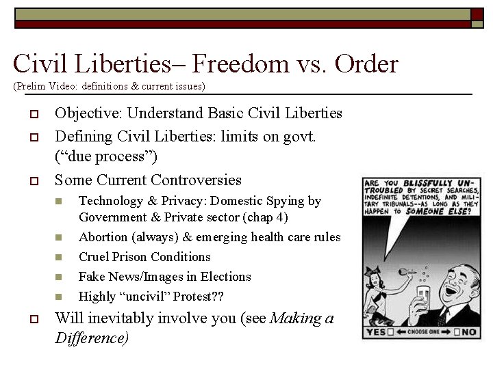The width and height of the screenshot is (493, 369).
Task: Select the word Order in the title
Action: point(366,64)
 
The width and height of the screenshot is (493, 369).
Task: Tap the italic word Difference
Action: point(91,338)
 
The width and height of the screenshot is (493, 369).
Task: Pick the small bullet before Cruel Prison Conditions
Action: point(60,258)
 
